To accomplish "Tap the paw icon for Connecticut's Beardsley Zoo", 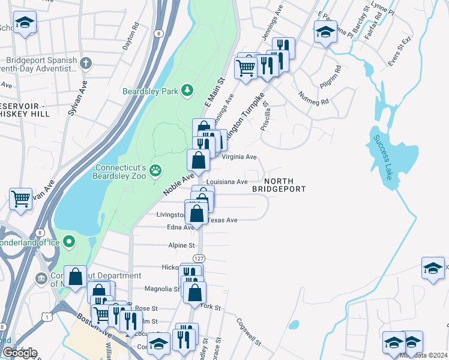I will [156, 170].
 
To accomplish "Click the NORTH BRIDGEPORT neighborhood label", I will [279, 184].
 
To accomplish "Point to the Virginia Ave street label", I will [240, 157].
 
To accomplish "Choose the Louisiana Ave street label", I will [227, 182].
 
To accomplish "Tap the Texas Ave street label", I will [223, 220].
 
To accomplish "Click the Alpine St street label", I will [181, 245].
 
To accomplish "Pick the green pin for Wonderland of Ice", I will [70, 242].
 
